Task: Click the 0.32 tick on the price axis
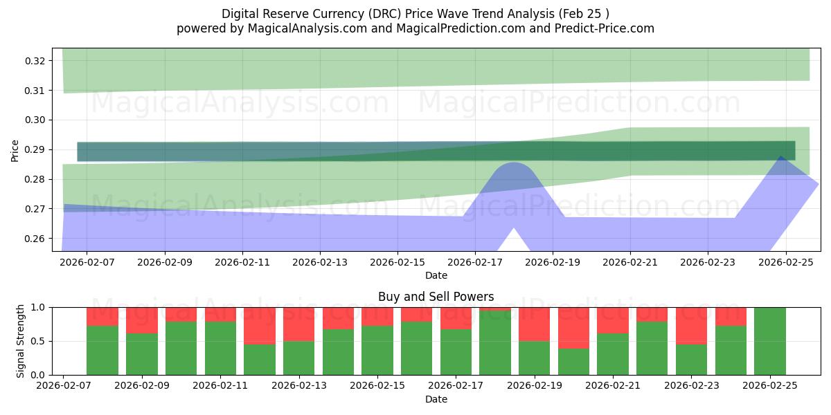click(35, 61)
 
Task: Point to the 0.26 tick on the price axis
click(35, 239)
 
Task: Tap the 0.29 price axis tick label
click(35, 149)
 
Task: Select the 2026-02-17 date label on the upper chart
click(475, 263)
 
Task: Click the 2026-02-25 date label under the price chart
click(785, 263)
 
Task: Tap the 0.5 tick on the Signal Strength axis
click(38, 341)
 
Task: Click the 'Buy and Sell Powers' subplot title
click(436, 297)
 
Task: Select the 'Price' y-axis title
click(15, 149)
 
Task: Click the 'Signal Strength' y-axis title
click(21, 341)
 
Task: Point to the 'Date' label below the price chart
click(436, 275)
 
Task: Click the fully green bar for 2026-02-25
click(770, 341)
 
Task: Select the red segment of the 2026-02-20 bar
click(573, 327)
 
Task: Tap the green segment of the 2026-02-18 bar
click(495, 343)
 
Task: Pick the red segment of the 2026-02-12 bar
click(260, 325)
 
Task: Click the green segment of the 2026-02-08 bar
click(102, 350)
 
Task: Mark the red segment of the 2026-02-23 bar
click(691, 325)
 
